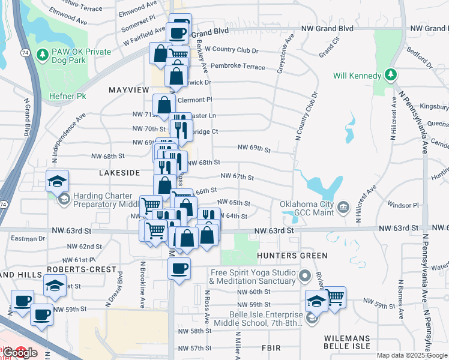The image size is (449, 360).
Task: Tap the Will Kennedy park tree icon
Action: coord(391,75)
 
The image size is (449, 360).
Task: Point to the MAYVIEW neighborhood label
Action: coord(128,89)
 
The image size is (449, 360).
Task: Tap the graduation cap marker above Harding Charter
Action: coord(58,180)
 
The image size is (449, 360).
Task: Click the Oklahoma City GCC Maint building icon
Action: coord(343,208)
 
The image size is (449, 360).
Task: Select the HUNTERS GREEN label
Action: coord(291,256)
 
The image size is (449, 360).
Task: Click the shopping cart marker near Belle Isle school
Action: coord(334,296)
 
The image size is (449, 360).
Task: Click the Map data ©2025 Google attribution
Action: coord(411,355)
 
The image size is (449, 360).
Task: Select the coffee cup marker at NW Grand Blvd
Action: coord(179,33)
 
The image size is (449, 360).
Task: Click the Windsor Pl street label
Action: coord(403,205)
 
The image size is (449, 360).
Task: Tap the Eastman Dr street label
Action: coord(28,238)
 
